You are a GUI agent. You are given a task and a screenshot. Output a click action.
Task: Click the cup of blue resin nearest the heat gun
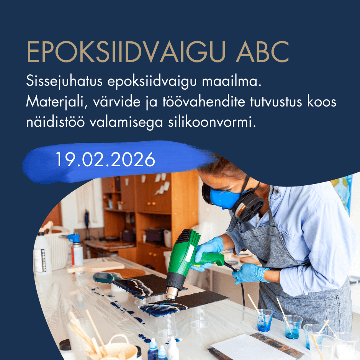(x=264, y=320)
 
